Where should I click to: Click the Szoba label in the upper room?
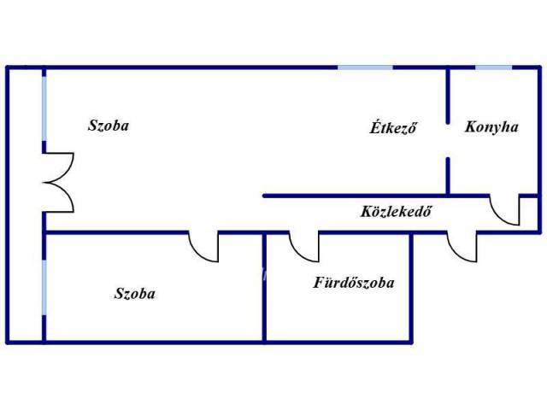(x=109, y=126)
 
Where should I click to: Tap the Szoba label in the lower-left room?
(x=135, y=294)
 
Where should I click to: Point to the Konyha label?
(x=491, y=127)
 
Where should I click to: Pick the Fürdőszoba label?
(x=353, y=283)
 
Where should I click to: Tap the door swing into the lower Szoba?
(x=204, y=247)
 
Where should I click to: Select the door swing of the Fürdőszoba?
(x=304, y=247)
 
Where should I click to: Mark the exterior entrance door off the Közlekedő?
(x=462, y=247)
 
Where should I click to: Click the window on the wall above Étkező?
(x=365, y=67)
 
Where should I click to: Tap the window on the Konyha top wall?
(x=493, y=67)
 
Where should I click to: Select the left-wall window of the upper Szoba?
(x=44, y=108)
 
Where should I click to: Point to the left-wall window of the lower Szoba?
(x=44, y=288)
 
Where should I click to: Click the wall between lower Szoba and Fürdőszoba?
(x=264, y=290)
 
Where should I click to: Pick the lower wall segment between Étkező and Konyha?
(x=448, y=175)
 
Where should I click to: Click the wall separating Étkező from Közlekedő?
(x=359, y=196)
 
